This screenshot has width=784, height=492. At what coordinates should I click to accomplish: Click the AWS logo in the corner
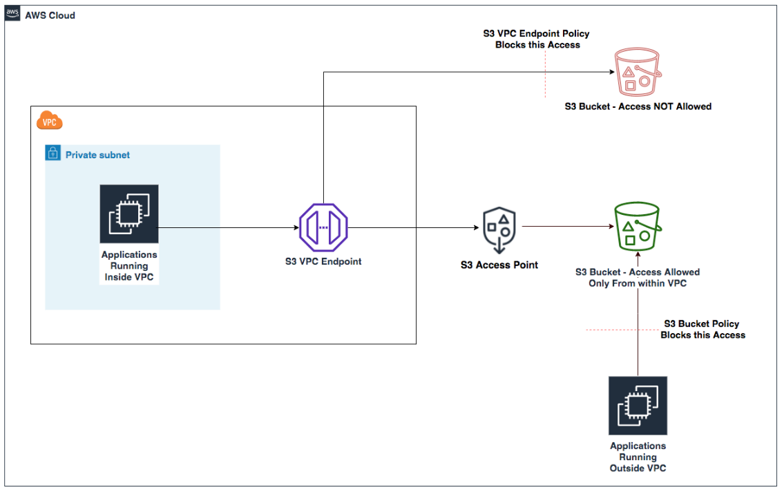12,14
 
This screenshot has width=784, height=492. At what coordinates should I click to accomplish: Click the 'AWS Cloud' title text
50,15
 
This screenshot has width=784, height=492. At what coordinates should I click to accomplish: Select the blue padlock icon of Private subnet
52,153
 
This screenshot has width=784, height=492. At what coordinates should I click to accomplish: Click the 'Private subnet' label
97,155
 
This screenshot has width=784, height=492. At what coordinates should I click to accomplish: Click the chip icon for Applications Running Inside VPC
129,214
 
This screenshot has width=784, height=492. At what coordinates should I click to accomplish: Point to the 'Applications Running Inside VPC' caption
129,265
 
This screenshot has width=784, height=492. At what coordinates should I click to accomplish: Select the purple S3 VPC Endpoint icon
323,228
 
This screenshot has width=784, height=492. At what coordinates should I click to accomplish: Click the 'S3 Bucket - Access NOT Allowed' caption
638,106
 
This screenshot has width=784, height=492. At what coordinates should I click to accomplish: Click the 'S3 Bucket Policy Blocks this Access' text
702,329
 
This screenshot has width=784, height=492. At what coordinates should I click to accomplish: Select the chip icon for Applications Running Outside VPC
638,406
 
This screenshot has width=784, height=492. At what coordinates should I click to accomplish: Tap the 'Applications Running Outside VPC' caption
638,457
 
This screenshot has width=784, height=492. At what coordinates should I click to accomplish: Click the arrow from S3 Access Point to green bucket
566,227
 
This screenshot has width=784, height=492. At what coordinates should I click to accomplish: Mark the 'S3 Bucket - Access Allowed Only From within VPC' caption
638,278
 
